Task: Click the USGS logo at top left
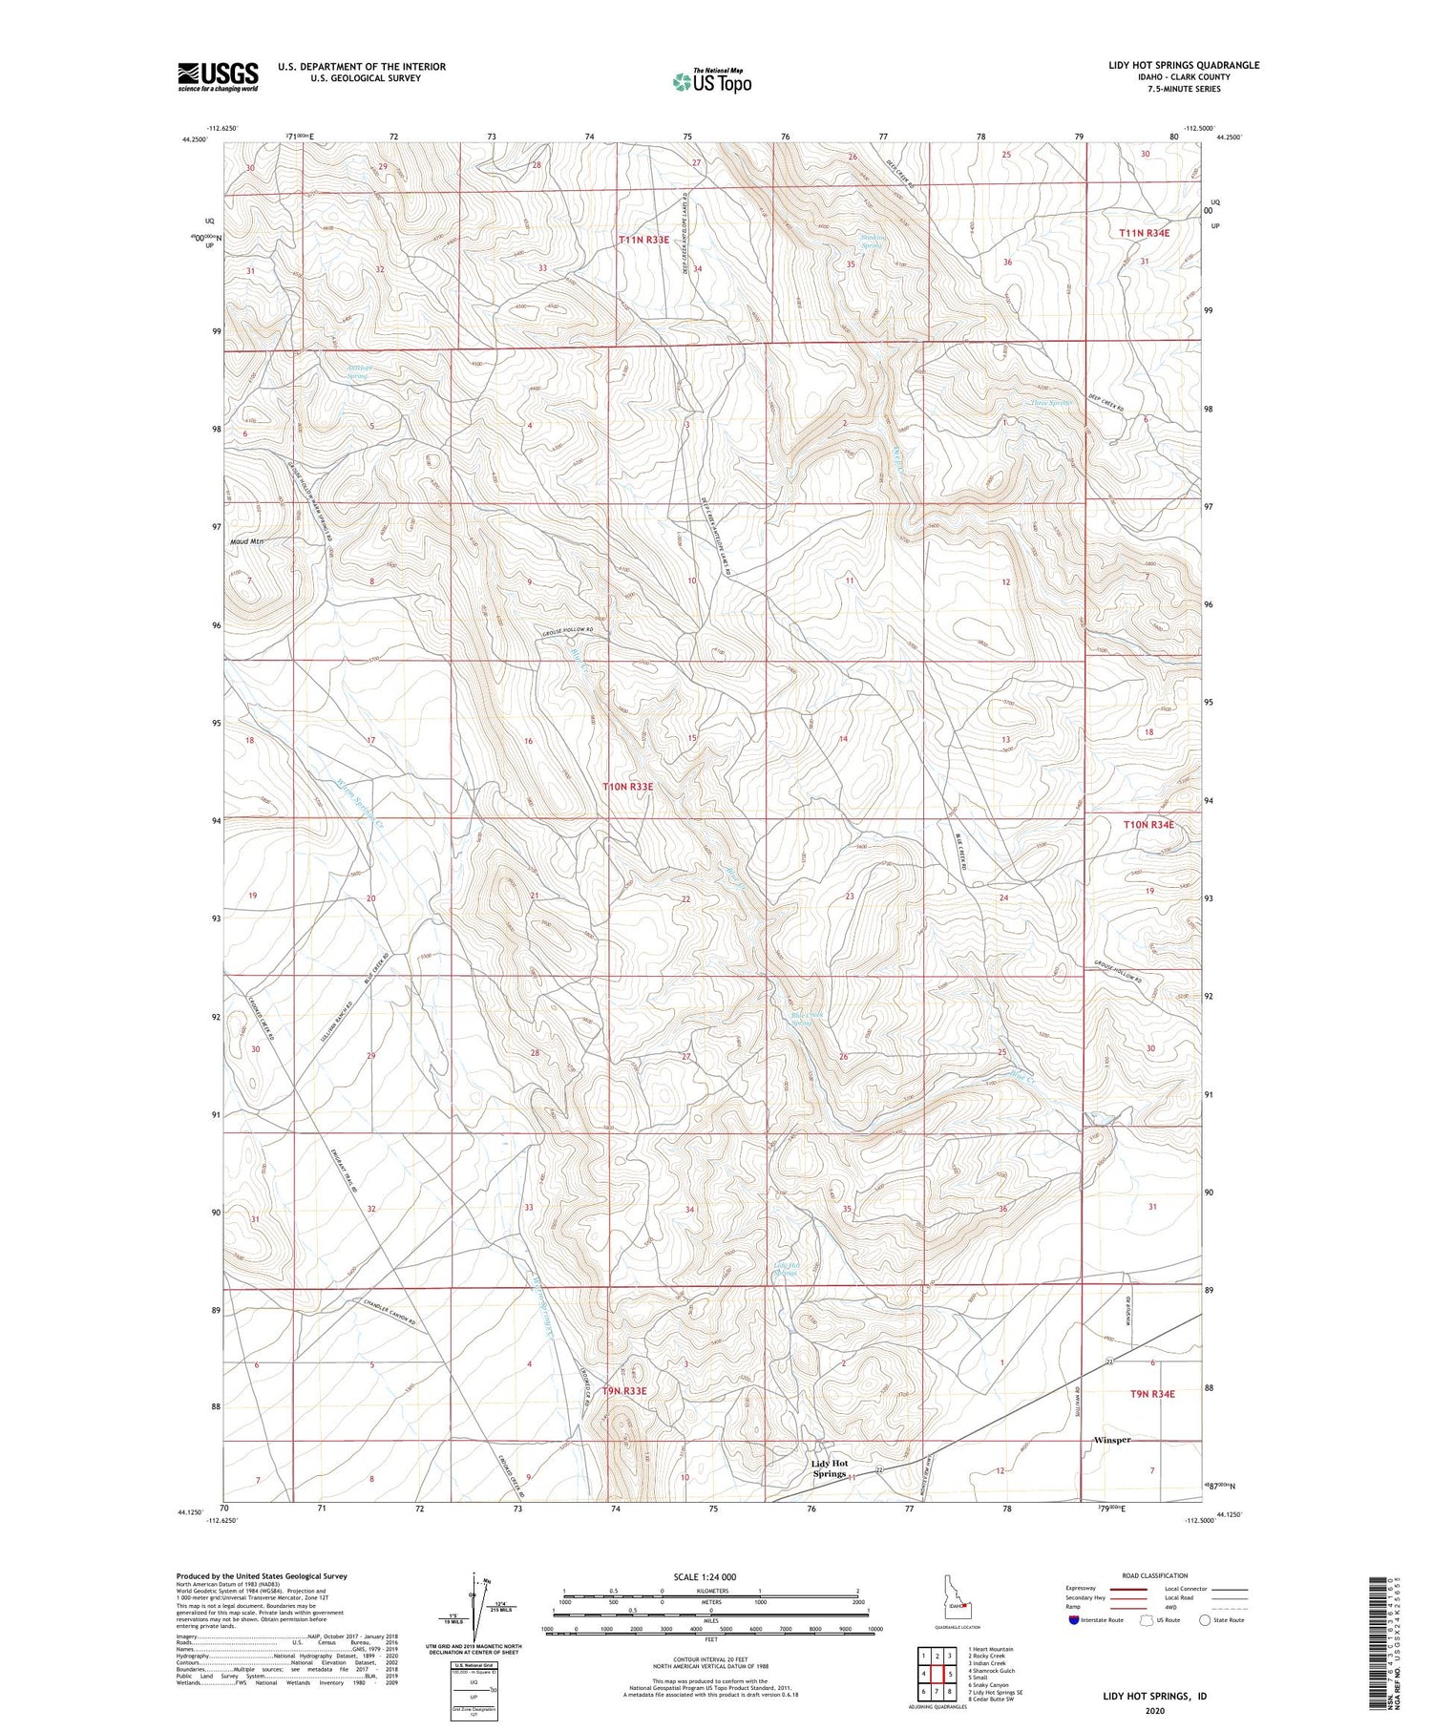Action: pos(218,76)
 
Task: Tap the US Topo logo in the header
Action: pos(711,82)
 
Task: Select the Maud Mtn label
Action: pos(246,541)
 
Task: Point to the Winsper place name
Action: pos(1112,1440)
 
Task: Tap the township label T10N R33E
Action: pos(628,787)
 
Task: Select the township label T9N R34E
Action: pos(1152,1394)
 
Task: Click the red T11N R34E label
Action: pos(1145,233)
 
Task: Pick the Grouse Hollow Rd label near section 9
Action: pos(569,631)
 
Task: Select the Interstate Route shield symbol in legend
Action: pos(1074,1620)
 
